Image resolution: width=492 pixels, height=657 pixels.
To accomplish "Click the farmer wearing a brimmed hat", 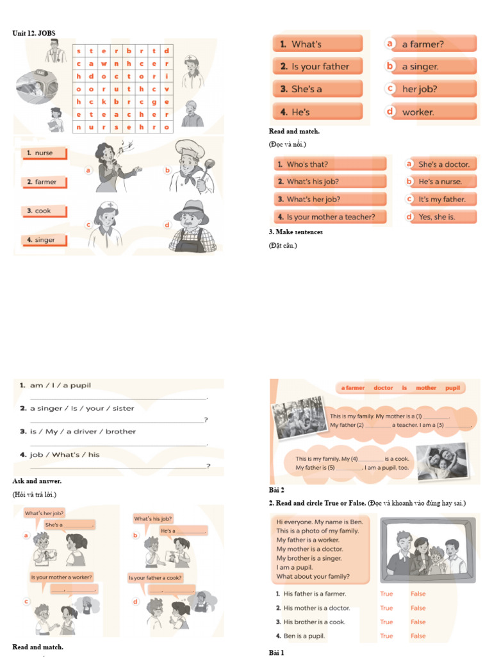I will point(192,226).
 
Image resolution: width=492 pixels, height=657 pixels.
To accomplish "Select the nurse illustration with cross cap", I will point(106,226).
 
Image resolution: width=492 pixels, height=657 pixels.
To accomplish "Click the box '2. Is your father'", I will point(318,66).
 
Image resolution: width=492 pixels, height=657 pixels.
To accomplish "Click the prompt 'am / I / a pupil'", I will point(60,385).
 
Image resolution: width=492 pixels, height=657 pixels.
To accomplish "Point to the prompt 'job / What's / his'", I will point(65,454).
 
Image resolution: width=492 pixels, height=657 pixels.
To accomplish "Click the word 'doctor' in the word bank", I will point(383,388).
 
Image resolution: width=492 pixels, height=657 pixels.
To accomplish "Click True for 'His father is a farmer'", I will point(386,594).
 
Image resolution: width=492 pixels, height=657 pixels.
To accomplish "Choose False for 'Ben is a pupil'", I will point(418,636).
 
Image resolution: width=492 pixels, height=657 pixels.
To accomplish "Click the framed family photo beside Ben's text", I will point(428,550).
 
